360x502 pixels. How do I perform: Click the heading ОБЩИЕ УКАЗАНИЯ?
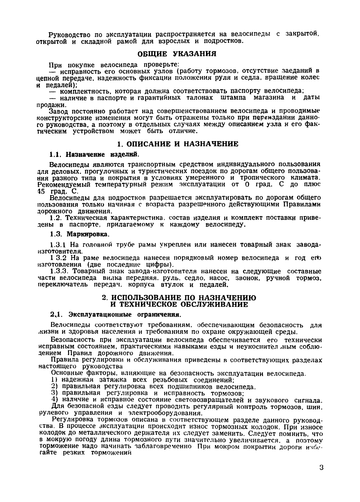tap(178, 54)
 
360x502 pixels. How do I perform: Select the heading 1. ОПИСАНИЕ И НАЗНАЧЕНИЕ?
tap(178, 144)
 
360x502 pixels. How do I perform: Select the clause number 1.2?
tap(56, 218)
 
